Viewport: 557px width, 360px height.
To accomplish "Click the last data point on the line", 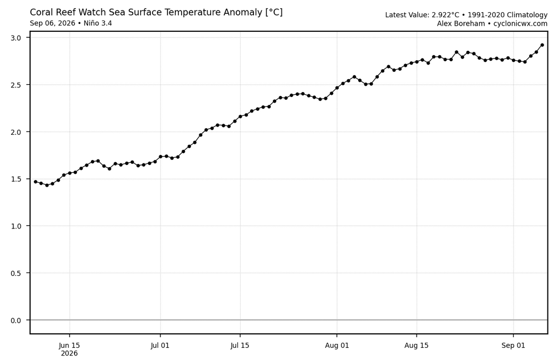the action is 542,45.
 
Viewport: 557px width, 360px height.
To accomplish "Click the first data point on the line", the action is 36,182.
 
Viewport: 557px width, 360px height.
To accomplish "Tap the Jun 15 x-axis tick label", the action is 69,345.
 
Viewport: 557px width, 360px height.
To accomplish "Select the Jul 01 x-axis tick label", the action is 160,345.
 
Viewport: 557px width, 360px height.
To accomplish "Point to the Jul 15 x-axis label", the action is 240,345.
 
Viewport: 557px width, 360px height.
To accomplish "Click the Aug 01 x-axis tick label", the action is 337,345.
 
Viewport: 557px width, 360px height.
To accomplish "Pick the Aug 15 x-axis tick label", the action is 416,345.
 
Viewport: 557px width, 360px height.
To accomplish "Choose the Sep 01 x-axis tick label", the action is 514,345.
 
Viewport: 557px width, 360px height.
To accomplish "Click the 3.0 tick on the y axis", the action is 16,38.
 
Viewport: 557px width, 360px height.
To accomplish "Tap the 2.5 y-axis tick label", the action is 16,85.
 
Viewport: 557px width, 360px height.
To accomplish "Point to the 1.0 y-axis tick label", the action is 16,226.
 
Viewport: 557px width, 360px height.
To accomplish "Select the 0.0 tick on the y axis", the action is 16,320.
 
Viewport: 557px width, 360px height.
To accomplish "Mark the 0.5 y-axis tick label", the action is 16,273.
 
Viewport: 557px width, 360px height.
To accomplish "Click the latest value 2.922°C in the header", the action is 446,15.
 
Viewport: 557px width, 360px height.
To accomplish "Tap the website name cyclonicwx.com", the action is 520,24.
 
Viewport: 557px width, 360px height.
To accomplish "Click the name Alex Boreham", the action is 461,24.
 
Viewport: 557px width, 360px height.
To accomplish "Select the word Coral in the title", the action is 40,12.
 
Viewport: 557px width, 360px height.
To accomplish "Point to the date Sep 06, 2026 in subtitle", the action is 52,23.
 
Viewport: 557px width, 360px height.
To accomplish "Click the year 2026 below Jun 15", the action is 69,353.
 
